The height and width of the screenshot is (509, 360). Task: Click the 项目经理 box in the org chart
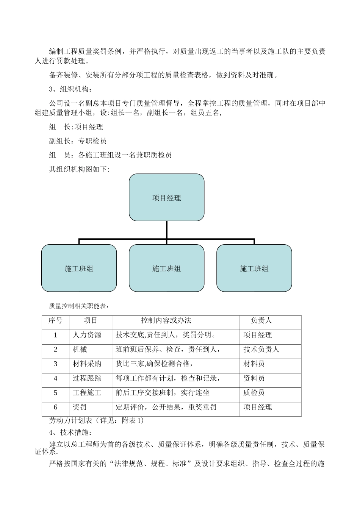point(166,197)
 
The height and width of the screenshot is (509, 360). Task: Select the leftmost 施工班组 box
point(79,268)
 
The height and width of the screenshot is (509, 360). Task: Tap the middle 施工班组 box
point(166,268)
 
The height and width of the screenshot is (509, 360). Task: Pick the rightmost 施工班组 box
point(254,268)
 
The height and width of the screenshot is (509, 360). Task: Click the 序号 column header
point(55,320)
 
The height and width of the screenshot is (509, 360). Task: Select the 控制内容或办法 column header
point(166,320)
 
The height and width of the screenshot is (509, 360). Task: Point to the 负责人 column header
point(261,320)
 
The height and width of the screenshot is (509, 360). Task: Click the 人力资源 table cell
point(87,335)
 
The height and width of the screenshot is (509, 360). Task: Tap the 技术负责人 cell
point(261,349)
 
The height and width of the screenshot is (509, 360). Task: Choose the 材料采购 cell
point(87,364)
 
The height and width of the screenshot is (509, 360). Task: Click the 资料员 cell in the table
point(254,378)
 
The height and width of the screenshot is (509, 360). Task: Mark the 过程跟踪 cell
point(87,378)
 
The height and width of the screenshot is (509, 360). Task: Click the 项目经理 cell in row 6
point(258,407)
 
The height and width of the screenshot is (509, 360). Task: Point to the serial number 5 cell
point(55,393)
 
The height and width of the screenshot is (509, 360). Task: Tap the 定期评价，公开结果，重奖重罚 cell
point(166,407)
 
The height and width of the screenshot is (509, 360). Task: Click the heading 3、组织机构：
point(70,89)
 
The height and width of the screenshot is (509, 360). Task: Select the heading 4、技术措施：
point(70,432)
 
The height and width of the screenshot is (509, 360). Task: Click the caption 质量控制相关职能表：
point(79,306)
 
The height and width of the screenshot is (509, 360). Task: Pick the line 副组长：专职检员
point(78,141)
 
